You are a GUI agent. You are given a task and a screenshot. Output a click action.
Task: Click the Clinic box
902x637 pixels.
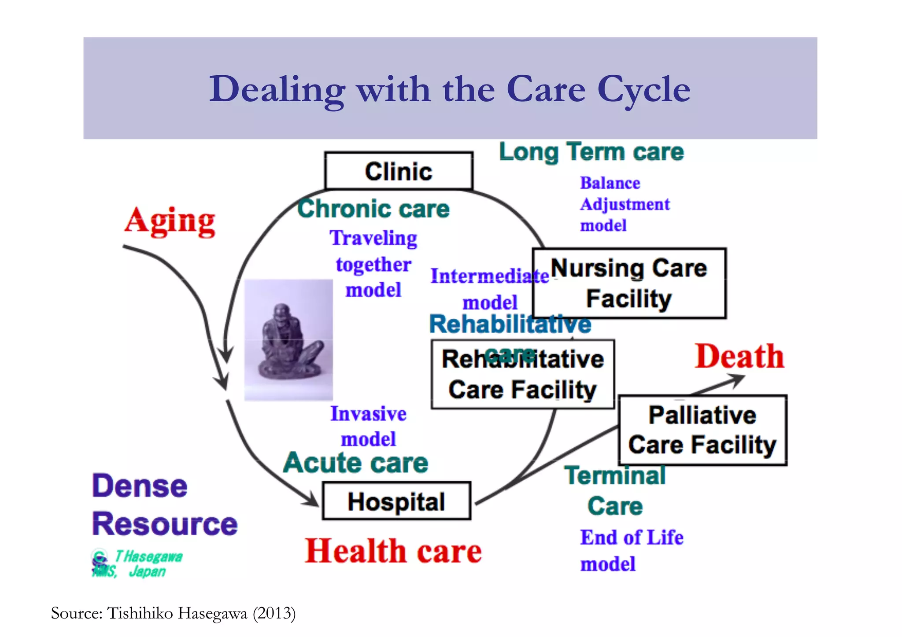pyautogui.click(x=399, y=171)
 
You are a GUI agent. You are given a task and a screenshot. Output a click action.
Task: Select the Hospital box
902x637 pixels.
pyautogui.click(x=396, y=501)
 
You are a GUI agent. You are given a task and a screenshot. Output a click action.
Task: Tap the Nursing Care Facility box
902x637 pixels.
pyautogui.click(x=629, y=283)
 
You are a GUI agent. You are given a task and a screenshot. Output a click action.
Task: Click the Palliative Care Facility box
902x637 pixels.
pyautogui.click(x=702, y=430)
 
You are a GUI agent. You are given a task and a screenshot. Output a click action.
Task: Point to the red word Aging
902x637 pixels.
pyautogui.click(x=170, y=221)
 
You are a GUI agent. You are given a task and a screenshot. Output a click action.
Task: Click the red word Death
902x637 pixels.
pyautogui.click(x=739, y=356)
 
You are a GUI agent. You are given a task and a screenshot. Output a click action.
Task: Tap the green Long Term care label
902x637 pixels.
pyautogui.click(x=591, y=152)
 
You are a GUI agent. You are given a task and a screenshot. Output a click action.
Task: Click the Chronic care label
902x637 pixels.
pyautogui.click(x=373, y=209)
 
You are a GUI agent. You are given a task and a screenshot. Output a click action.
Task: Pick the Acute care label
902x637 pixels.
pyautogui.click(x=355, y=463)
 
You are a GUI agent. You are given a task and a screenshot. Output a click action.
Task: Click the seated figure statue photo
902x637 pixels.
pyautogui.click(x=288, y=340)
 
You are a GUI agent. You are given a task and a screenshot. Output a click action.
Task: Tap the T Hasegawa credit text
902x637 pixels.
pyautogui.click(x=148, y=557)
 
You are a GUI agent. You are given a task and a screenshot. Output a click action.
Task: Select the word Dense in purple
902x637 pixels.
pyautogui.click(x=140, y=486)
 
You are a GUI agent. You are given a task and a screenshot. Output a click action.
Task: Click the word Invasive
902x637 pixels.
pyautogui.click(x=368, y=414)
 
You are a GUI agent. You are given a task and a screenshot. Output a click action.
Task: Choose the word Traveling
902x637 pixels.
pyautogui.click(x=373, y=238)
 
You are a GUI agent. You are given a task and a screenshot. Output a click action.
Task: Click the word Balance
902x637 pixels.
pyautogui.click(x=610, y=183)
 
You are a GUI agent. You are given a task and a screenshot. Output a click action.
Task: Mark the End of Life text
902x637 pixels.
pyautogui.click(x=632, y=538)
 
